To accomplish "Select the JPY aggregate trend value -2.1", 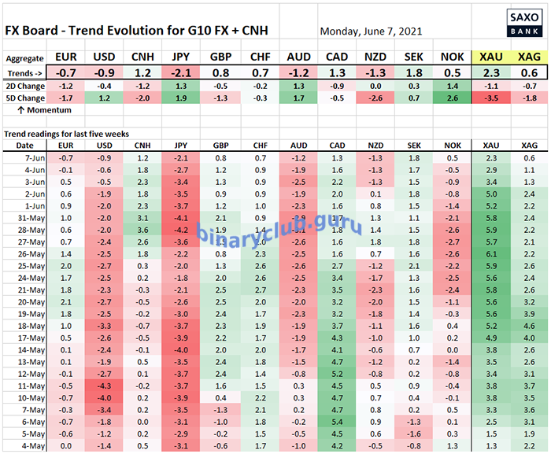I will coord(180,72).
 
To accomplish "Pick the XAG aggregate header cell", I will coord(529,57).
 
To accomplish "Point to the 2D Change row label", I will coord(25,85).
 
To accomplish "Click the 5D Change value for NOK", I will coord(451,98).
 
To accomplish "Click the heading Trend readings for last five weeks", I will coord(66,134).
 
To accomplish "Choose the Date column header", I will coord(25,146).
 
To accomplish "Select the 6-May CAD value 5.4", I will coord(337,423).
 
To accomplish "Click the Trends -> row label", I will coord(25,72).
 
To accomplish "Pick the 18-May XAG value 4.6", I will coord(529,324).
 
